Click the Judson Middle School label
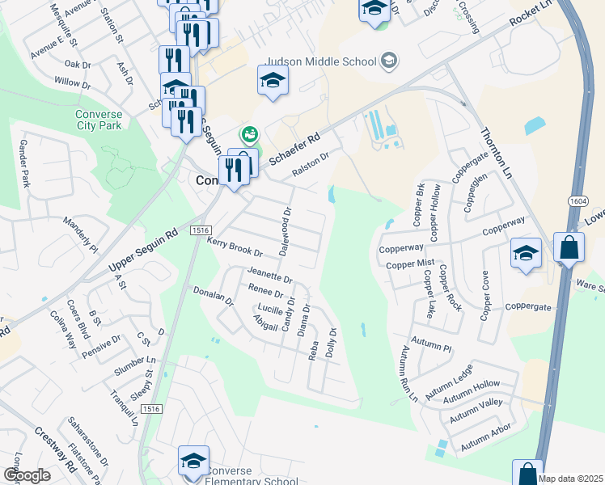coord(321,61)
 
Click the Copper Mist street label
coord(410,264)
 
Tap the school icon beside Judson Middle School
coord(389,61)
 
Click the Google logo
coord(26,475)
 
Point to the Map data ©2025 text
coord(570,479)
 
